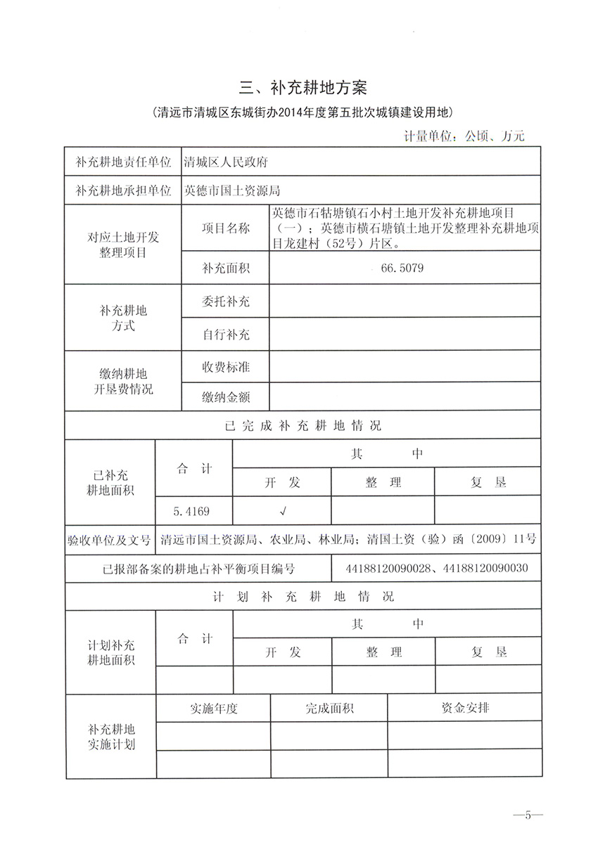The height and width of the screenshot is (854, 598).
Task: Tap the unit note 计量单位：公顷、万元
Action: (x=464, y=136)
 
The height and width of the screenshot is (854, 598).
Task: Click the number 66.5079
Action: (x=402, y=268)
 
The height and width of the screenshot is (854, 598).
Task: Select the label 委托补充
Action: (x=226, y=302)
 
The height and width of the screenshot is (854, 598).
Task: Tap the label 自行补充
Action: (x=226, y=335)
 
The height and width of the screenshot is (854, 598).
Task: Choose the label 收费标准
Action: (x=226, y=367)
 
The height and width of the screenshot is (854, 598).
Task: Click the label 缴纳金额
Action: (x=226, y=397)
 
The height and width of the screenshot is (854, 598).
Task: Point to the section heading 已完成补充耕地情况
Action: (x=303, y=426)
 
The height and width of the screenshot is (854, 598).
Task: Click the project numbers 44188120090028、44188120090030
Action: (x=438, y=568)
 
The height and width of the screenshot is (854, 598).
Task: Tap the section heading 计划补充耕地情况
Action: (x=303, y=597)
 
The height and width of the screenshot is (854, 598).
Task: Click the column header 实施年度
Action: (x=213, y=708)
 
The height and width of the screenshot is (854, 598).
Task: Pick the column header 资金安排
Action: (x=465, y=708)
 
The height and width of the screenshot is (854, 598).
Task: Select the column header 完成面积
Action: (x=329, y=708)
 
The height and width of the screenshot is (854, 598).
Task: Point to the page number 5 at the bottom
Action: (x=528, y=815)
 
